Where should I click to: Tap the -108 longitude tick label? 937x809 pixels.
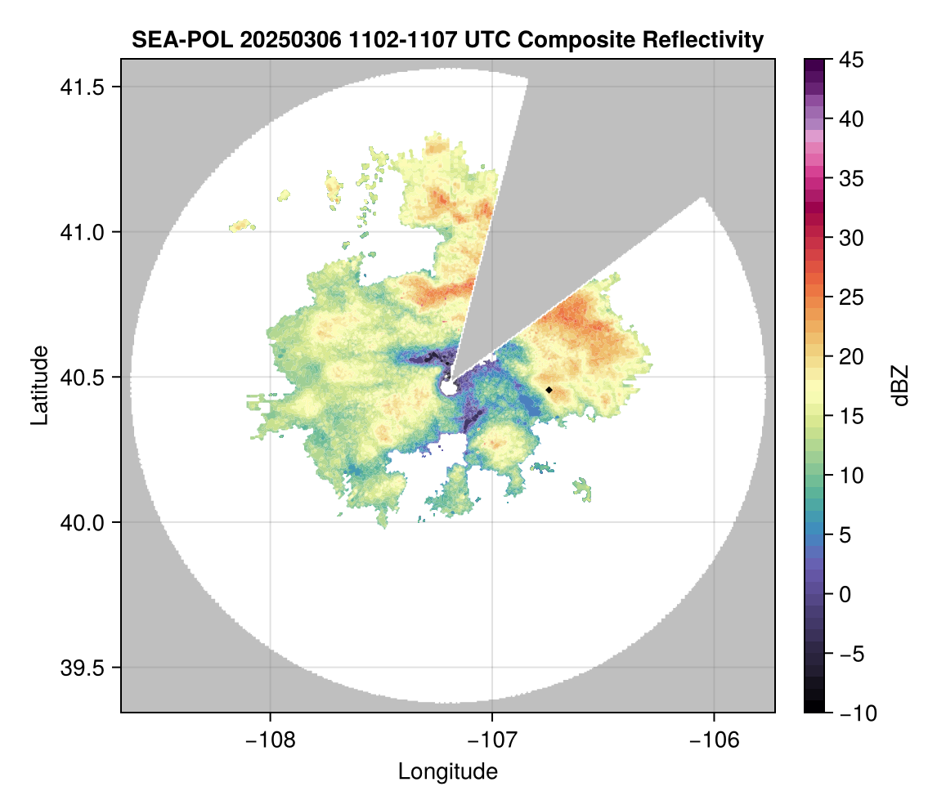269,740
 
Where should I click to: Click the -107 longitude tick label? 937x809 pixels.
492,740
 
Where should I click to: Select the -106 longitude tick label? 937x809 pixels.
715,740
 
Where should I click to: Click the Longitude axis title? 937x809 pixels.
447,771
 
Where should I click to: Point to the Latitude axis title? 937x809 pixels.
38,385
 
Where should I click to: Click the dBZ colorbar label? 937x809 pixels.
900,385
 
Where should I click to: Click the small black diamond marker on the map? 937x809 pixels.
549,390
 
